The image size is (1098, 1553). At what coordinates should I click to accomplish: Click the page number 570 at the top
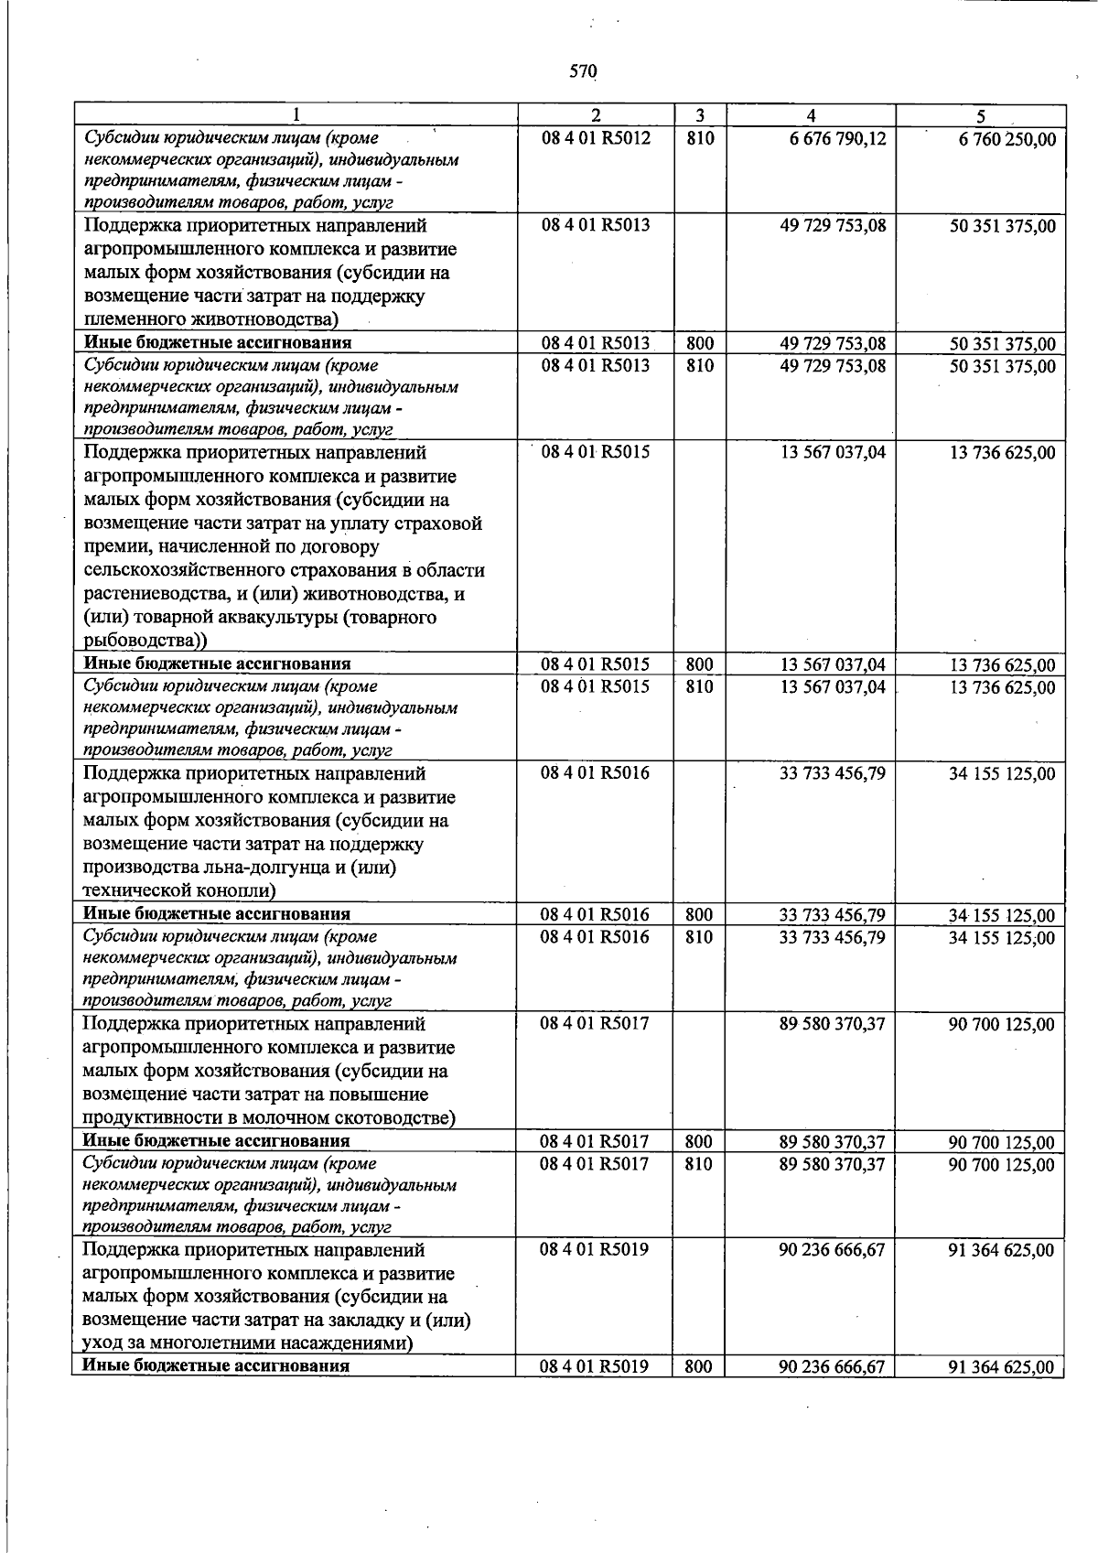pyautogui.click(x=582, y=71)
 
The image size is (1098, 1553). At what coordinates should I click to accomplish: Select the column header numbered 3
pyautogui.click(x=699, y=116)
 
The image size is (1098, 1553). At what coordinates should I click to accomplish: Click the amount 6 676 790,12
pyautogui.click(x=832, y=139)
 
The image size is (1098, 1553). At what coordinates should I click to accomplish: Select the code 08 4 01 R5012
pyautogui.click(x=595, y=139)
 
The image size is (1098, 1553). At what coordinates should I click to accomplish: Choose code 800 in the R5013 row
pyautogui.click(x=699, y=343)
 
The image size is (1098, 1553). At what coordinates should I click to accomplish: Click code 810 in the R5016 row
pyautogui.click(x=699, y=937)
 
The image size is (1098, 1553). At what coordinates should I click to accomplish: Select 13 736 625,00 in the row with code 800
pyautogui.click(x=1002, y=665)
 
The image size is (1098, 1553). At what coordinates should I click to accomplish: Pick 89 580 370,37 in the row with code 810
pyautogui.click(x=832, y=1164)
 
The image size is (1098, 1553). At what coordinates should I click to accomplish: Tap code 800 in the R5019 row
pyautogui.click(x=699, y=1367)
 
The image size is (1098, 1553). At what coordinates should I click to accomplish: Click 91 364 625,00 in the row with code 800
pyautogui.click(x=1002, y=1368)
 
